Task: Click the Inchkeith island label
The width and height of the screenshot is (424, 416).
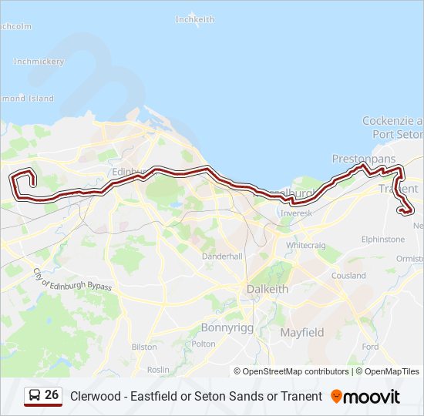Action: click(x=194, y=18)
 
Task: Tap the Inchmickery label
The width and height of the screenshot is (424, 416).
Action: click(x=39, y=62)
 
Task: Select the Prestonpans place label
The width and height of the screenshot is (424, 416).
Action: click(x=363, y=159)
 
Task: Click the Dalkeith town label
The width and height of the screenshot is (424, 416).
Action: click(x=268, y=289)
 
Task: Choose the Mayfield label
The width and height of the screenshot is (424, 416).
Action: click(x=301, y=333)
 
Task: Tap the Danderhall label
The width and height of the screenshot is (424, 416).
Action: click(x=222, y=256)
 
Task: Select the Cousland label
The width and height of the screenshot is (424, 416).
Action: click(x=348, y=276)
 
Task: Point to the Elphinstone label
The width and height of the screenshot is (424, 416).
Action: click(x=383, y=240)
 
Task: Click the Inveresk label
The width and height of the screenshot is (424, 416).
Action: click(x=297, y=213)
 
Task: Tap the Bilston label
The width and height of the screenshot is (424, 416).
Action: click(x=144, y=347)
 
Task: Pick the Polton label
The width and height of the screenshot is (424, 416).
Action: click(x=204, y=344)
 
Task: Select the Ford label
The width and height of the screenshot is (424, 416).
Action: click(x=370, y=347)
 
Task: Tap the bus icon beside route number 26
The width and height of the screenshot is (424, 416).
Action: click(x=35, y=396)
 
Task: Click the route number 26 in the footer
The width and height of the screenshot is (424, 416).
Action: click(x=52, y=395)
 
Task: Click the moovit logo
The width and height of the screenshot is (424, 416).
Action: click(x=365, y=397)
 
